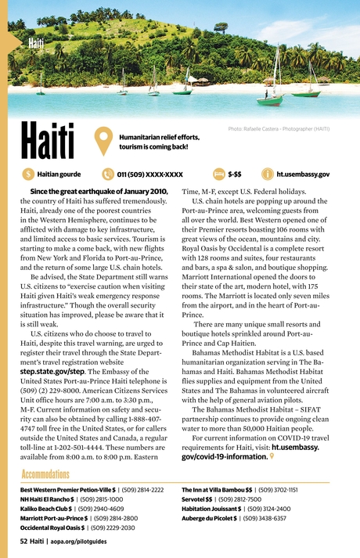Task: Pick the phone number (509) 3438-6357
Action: click(x=261, y=518)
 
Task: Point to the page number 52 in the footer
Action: click(x=24, y=541)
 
